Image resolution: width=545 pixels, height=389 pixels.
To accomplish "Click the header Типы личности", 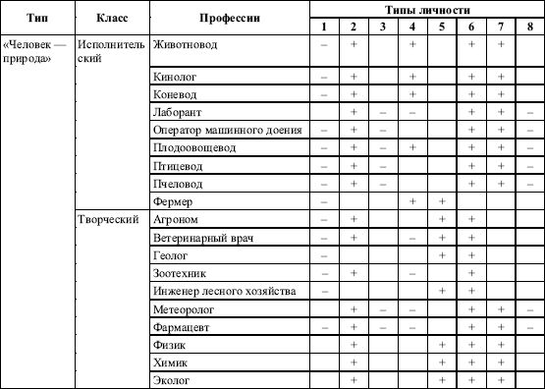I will pos(426,8).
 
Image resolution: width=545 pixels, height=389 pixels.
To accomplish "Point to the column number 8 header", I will pos(529,25).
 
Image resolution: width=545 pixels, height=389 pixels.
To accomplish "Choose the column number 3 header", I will pos(383,25).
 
